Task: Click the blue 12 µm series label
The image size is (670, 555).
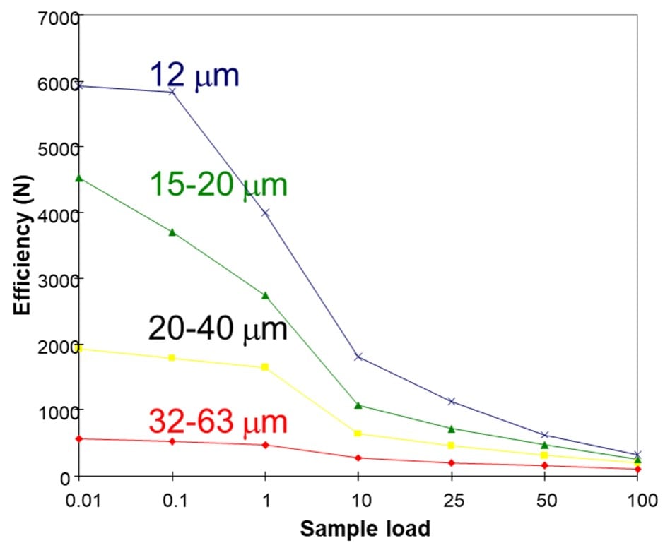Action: point(194,76)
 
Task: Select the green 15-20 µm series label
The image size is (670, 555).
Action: point(218,185)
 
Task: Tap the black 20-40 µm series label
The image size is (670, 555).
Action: point(217,328)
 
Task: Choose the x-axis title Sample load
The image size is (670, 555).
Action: point(364,529)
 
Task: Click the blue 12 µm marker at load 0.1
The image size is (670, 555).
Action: point(172,92)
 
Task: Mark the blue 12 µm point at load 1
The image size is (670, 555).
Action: point(265,213)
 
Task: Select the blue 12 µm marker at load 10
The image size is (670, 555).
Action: point(358,357)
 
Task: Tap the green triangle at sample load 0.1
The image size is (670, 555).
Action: point(172,232)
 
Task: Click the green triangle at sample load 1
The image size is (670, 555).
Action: point(265,296)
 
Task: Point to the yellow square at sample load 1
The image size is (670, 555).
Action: point(265,367)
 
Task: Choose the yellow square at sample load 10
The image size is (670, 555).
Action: point(358,434)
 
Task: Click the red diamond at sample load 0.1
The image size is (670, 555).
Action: point(172,441)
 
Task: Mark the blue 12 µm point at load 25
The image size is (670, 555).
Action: point(452,401)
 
